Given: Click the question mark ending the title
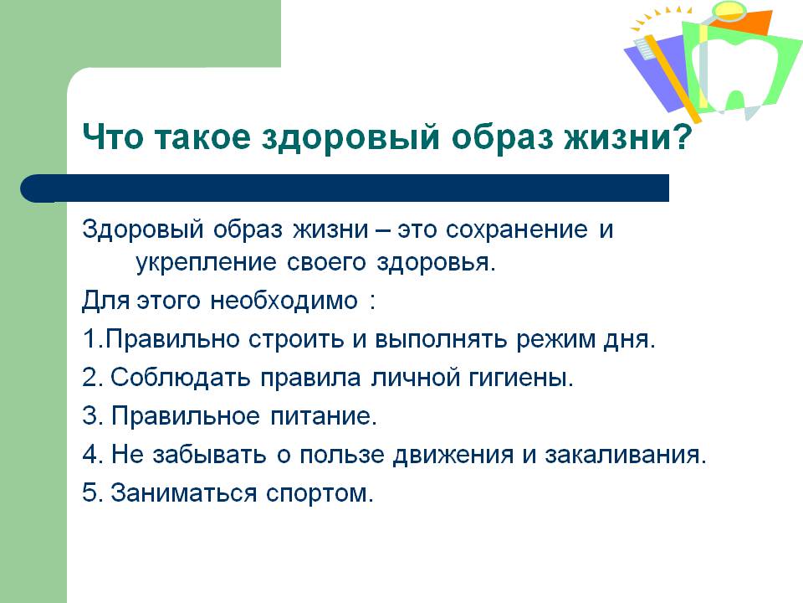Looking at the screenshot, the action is (683, 137).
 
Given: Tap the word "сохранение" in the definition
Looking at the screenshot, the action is (517, 229).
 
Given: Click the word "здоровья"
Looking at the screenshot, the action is (436, 262).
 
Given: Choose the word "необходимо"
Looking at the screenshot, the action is (284, 301).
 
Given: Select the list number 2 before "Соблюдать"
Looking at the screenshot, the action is (90, 378).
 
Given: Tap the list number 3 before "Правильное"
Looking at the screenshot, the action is (90, 416).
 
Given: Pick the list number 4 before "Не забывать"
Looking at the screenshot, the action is (90, 454).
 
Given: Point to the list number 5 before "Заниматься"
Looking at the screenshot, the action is (90, 492).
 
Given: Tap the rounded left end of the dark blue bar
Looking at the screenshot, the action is (32, 188).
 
